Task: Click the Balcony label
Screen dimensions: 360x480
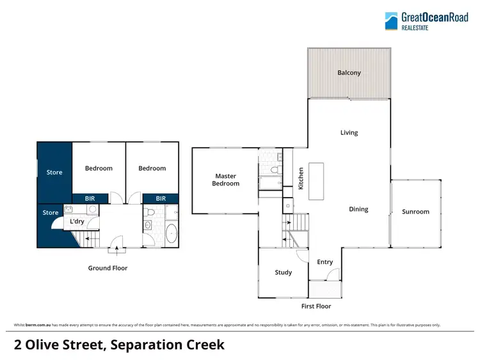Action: (349, 73)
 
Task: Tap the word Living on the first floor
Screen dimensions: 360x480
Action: (349, 133)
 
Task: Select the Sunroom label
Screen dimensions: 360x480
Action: (415, 212)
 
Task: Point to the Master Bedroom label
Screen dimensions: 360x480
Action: (225, 180)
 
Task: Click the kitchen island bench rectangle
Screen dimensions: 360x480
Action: (317, 181)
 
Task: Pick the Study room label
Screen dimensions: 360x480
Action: (283, 272)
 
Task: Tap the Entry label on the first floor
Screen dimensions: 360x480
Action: (325, 262)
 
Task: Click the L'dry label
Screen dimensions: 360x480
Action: (77, 222)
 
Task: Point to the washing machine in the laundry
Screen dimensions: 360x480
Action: (92, 209)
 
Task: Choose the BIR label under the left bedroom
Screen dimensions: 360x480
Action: (90, 199)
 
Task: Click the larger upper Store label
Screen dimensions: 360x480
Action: (54, 172)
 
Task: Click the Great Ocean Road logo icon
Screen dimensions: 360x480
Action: (391, 21)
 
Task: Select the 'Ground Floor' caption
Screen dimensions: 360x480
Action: (108, 269)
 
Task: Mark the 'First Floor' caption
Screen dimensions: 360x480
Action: (316, 307)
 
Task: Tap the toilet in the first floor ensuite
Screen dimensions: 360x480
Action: (274, 170)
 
